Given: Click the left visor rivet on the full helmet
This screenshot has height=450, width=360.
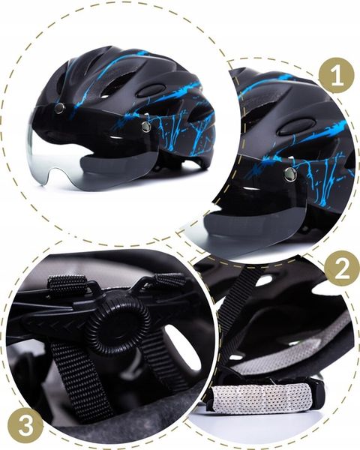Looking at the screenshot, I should pyautogui.click(x=59, y=109).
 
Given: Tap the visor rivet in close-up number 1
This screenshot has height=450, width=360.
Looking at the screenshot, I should pyautogui.click(x=289, y=175).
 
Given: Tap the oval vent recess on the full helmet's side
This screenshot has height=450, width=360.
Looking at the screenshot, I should pyautogui.click(x=153, y=89).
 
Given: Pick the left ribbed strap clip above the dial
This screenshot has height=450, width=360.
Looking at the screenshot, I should pyautogui.click(x=64, y=287).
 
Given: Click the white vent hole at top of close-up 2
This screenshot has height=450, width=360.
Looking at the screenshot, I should pyautogui.click(x=263, y=280).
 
